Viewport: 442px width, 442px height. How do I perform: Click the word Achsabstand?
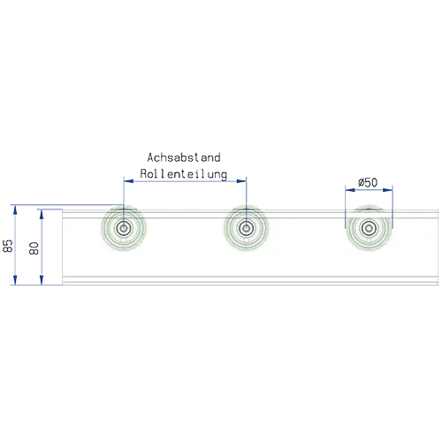pyautogui.click(x=184, y=157)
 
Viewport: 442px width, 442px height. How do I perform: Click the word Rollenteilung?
pyautogui.click(x=184, y=174)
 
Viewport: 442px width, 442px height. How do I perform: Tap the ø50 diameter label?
pyautogui.click(x=368, y=183)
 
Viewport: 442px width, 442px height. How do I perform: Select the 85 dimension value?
pyautogui.click(x=8, y=246)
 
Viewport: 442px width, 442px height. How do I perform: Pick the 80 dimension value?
pyautogui.click(x=34, y=248)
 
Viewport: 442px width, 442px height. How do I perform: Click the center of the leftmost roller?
pyautogui.click(x=124, y=228)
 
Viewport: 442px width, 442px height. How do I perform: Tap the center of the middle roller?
pyautogui.click(x=246, y=228)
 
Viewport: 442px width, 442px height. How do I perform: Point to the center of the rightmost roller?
pyautogui.click(x=369, y=228)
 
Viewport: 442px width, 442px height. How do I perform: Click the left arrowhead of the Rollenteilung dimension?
pyautogui.click(x=128, y=181)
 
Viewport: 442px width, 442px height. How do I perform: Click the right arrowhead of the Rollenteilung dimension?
pyautogui.click(x=241, y=181)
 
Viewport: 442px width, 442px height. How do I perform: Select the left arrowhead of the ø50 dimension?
pyautogui.click(x=350, y=190)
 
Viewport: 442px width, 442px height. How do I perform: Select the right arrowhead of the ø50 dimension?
pyautogui.click(x=387, y=190)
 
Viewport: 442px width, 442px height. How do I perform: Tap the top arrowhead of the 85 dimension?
pyautogui.click(x=15, y=210)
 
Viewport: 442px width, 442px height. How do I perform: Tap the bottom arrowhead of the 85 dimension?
pyautogui.click(x=15, y=280)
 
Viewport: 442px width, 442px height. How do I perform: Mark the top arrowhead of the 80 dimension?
pyautogui.click(x=42, y=214)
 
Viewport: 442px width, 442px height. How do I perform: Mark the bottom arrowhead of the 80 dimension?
pyautogui.click(x=42, y=280)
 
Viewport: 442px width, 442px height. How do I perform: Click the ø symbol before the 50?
pyautogui.click(x=362, y=183)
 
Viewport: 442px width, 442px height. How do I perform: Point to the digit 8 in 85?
pyautogui.click(x=8, y=249)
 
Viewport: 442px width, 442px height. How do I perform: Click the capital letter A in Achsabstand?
pyautogui.click(x=150, y=157)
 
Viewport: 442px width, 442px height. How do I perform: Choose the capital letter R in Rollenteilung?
pyautogui.click(x=143, y=173)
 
